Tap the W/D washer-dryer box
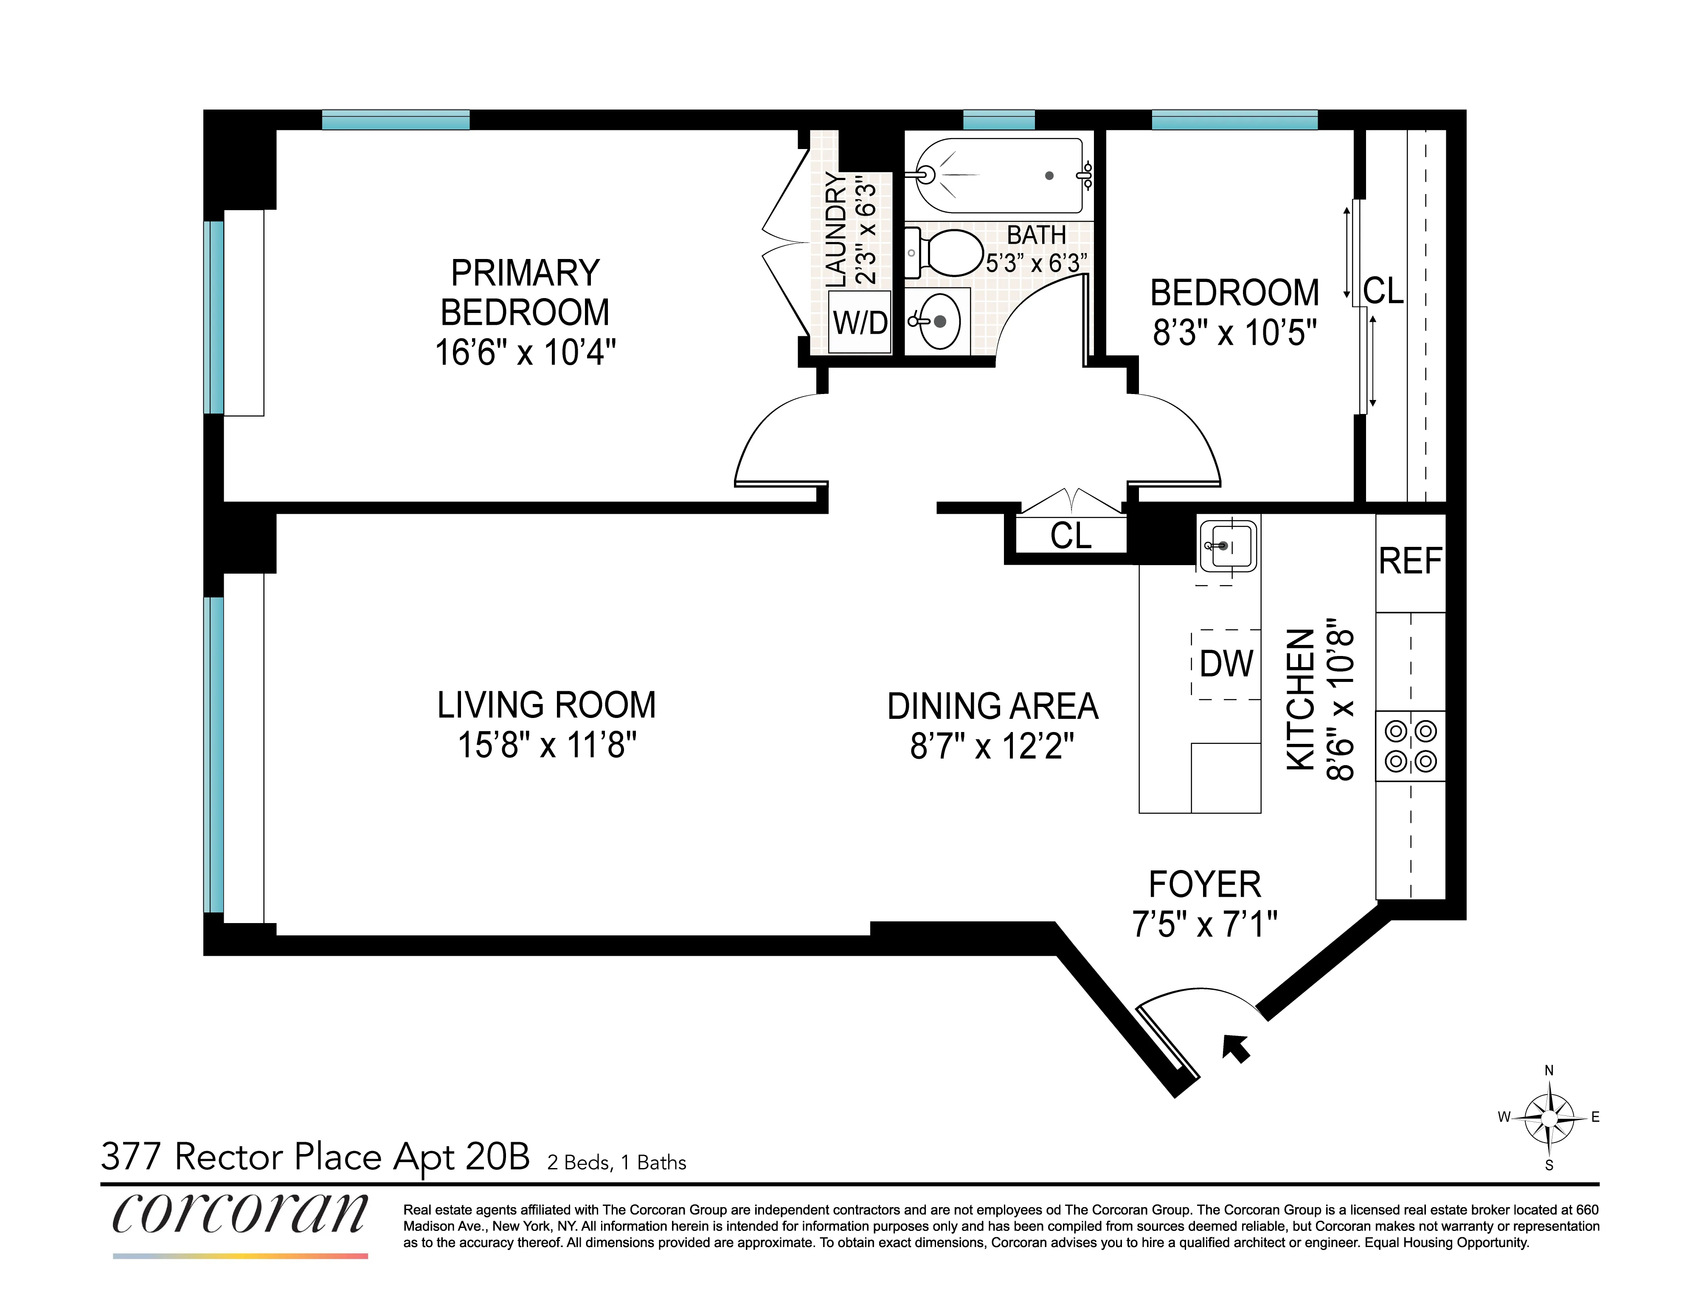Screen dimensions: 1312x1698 click(x=859, y=321)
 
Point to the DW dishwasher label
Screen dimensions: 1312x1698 click(x=1226, y=663)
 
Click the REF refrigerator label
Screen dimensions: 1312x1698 click(x=1410, y=561)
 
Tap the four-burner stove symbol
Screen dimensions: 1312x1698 click(x=1410, y=746)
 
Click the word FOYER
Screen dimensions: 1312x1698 click(x=1204, y=884)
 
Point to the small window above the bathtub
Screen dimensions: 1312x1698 click(x=998, y=120)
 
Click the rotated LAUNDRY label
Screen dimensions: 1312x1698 click(x=836, y=229)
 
